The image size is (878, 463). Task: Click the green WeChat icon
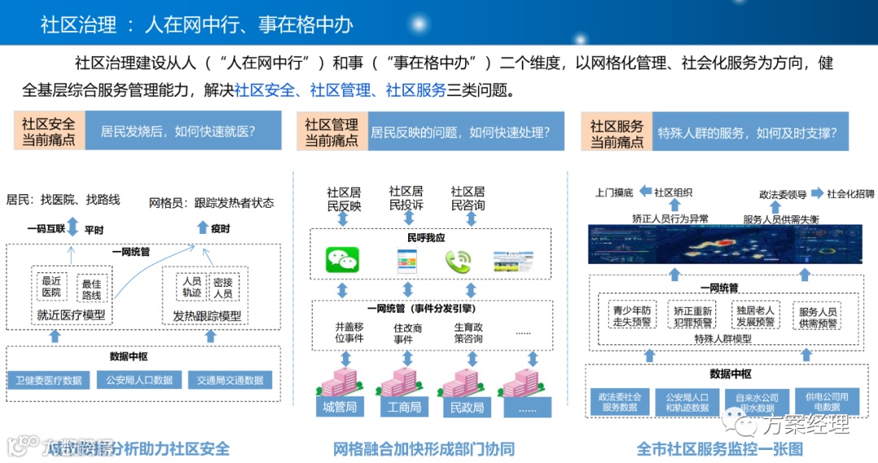point(342,260)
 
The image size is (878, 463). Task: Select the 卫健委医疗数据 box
point(49,380)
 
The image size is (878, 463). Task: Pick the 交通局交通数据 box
point(229,380)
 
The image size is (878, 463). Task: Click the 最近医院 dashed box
point(52,287)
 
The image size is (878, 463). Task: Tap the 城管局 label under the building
point(340,408)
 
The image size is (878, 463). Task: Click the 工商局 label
point(404,408)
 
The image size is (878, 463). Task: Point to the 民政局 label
point(467,408)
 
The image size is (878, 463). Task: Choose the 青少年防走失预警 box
point(630,316)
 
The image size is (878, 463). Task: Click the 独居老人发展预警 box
point(755,316)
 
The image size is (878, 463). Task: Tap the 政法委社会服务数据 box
point(620,402)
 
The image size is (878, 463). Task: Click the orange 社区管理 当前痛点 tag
point(331,132)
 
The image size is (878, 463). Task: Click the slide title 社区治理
point(78,24)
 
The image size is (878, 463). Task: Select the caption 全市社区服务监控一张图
point(719,448)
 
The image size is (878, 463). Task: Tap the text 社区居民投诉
point(406,198)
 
